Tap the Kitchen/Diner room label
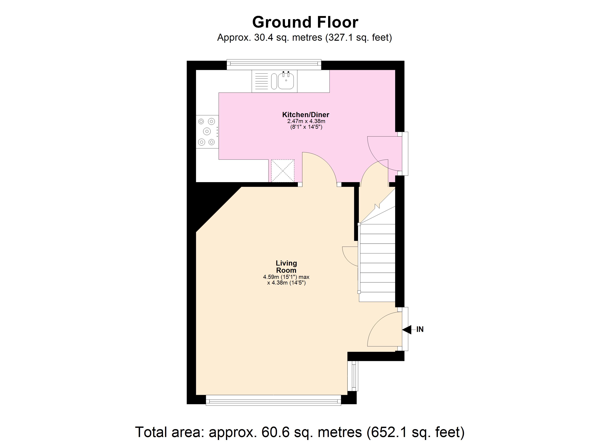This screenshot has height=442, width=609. point(306,115)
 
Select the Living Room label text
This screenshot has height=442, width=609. point(286,267)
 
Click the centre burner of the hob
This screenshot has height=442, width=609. point(207,131)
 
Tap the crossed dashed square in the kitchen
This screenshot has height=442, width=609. point(283,171)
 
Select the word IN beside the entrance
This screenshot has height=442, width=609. point(420,329)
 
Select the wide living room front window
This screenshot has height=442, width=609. point(273,401)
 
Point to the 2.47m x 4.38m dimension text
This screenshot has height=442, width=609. point(306,121)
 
